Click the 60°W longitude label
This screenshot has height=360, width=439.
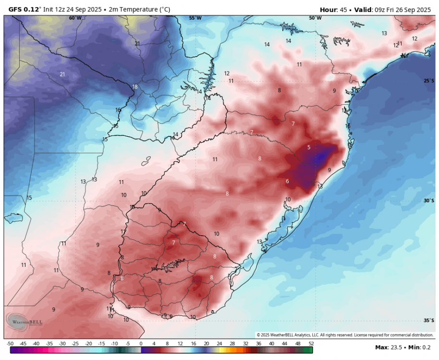pos(75,18)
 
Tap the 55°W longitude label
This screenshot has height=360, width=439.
pos(195,18)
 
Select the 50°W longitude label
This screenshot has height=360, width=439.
pos(315,18)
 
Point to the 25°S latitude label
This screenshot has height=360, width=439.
pos(429,81)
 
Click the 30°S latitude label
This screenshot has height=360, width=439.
pos(429,201)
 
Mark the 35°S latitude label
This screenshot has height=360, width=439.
pos(429,320)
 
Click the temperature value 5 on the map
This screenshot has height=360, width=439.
pos(309,147)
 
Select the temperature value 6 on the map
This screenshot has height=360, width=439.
pos(287,181)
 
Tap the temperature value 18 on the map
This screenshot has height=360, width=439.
pos(135,87)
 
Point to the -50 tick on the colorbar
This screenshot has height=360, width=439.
pos(10,344)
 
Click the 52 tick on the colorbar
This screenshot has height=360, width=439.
pos(311,344)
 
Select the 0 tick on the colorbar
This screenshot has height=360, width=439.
pos(141,344)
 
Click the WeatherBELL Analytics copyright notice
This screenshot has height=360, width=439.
pos(345,335)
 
